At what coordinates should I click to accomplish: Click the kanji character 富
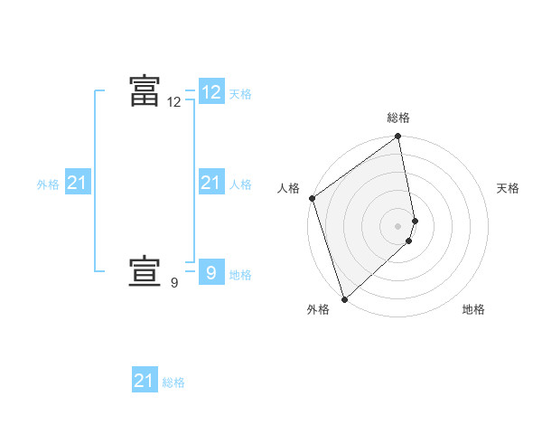[x=145, y=90]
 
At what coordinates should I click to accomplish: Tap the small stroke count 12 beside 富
[x=174, y=103]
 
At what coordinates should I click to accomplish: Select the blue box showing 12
[x=211, y=92]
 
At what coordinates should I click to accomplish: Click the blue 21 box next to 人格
[x=211, y=184]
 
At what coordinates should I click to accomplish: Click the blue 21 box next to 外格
[x=78, y=184]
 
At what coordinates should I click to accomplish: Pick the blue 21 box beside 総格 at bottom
[x=145, y=381]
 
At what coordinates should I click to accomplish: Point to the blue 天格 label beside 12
[x=240, y=94]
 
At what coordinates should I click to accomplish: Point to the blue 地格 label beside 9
[x=240, y=275]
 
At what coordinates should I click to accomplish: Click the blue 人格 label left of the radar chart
[x=240, y=184]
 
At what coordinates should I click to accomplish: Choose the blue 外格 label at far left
[x=48, y=184]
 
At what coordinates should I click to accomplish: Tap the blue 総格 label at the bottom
[x=173, y=382]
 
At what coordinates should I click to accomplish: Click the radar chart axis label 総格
[x=398, y=118]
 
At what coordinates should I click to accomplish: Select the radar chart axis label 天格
[x=508, y=188]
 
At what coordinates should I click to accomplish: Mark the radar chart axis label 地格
[x=473, y=309]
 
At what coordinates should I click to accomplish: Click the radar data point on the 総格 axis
[x=398, y=137]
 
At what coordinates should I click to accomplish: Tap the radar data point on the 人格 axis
[x=312, y=198]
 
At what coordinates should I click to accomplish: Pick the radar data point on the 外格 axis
[x=344, y=297]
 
